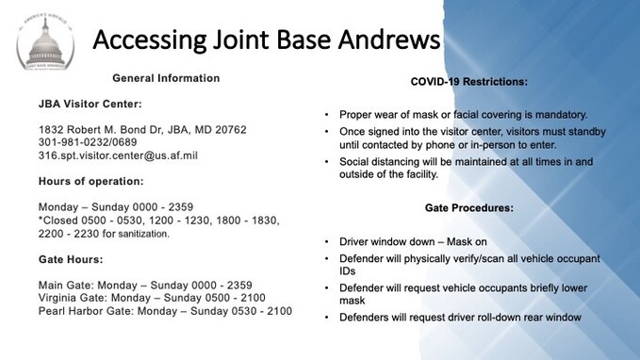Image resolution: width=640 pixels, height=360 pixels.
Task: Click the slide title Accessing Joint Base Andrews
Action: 267,40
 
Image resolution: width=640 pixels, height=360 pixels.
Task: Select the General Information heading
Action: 166,78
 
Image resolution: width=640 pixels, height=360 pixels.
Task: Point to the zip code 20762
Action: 227,129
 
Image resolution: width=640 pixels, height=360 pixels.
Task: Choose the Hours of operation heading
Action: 90,180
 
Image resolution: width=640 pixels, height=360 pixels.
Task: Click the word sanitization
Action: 139,233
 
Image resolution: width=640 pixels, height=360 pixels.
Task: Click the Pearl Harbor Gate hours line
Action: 165,311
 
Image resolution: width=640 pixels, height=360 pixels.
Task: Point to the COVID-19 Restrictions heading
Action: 468,82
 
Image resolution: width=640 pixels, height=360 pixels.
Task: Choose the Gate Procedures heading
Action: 468,207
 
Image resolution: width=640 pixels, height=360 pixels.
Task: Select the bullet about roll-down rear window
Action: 460,317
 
